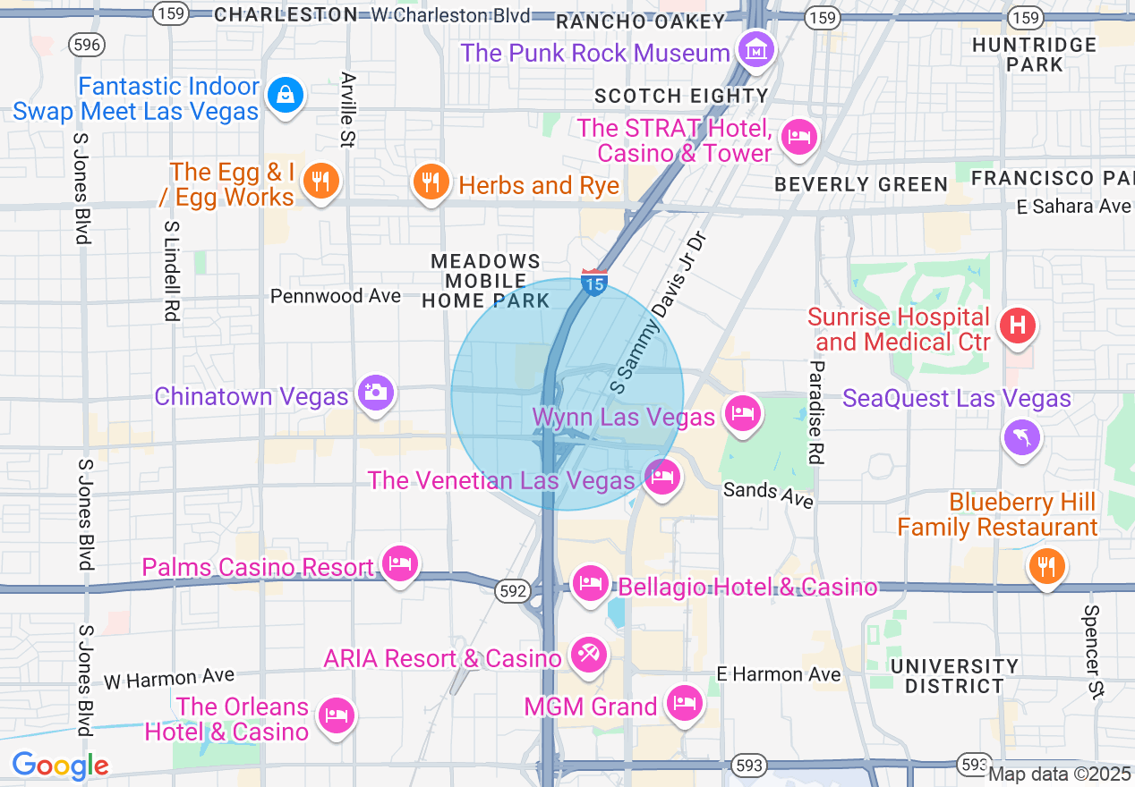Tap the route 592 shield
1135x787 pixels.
coord(514,591)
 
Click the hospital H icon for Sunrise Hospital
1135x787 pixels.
coord(1017,326)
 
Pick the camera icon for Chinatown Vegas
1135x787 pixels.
coord(375,393)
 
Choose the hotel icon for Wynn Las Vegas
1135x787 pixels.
coord(743,413)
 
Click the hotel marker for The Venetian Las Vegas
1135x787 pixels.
coord(661,478)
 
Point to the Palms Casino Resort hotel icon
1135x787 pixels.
coord(400,563)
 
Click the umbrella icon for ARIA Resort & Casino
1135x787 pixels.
coord(589,656)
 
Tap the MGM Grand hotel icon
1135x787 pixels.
coord(685,703)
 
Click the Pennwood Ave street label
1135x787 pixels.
coord(336,296)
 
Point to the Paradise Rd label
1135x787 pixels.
coord(815,412)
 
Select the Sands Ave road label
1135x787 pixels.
coord(769,493)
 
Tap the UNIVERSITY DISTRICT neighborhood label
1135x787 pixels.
coord(954,676)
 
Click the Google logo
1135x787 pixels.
coord(60,766)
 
